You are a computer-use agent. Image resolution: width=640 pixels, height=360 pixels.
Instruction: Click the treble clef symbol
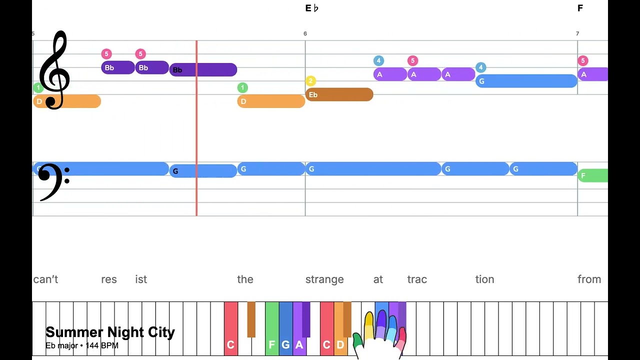pos(54,70)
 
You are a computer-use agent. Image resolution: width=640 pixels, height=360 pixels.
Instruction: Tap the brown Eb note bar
pos(339,94)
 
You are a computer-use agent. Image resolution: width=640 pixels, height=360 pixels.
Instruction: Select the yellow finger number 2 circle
pos(310,81)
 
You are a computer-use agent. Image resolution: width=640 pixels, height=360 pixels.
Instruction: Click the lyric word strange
pos(324,279)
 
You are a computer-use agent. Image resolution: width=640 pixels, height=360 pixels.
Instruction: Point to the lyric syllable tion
pos(484,279)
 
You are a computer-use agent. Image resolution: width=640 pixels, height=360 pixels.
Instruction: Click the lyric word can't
pos(45,279)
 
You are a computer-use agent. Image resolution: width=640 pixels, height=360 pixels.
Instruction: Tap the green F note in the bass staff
pos(593,175)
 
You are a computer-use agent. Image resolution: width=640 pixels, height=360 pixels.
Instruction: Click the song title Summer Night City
pos(110,332)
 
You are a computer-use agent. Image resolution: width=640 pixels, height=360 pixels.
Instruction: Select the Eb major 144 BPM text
pos(82,345)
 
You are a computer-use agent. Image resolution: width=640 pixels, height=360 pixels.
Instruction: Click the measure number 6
pos(305,33)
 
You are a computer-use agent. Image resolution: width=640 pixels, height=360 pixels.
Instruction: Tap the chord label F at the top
pos(580,8)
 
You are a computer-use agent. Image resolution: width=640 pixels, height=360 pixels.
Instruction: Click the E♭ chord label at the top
pos(311,8)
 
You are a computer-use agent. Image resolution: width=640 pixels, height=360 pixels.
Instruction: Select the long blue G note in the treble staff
pos(526,81)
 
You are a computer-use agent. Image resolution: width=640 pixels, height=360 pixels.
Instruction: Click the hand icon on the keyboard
pos(380,335)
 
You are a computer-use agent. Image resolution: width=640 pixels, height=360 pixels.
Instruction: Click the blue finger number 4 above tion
pos(480,67)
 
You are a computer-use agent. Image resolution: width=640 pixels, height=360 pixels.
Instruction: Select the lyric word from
pos(589,279)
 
